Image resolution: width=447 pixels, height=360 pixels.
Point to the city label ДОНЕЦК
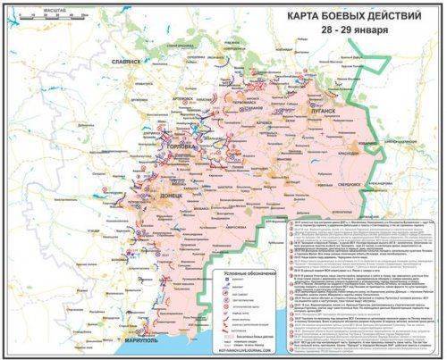(x=171, y=195)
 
